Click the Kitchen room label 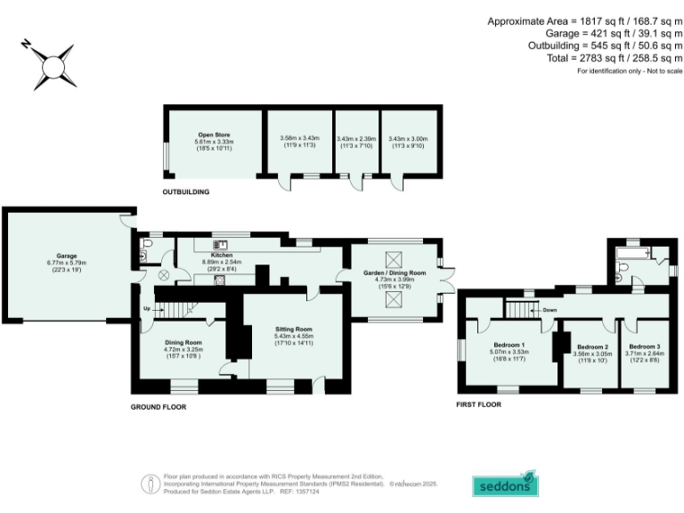[x=222, y=255]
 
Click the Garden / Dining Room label [x=393, y=273]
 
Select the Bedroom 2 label [x=592, y=346]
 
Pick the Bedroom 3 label [x=644, y=346]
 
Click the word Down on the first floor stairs [x=550, y=310]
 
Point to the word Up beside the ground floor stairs [x=146, y=309]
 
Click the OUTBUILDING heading [x=185, y=191]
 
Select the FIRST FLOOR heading [x=477, y=404]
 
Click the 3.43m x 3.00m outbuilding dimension [x=409, y=139]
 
